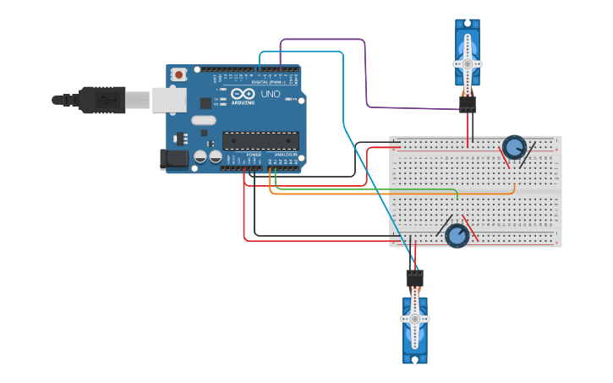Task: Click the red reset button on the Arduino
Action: tap(178, 75)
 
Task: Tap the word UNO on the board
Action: tap(271, 94)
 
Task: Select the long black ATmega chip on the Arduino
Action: tap(260, 140)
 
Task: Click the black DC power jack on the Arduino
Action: tap(173, 158)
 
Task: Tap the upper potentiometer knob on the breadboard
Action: tap(513, 147)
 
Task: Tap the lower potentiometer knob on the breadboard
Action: tap(457, 236)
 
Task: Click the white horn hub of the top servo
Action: tap(467, 63)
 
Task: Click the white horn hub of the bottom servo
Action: tap(414, 319)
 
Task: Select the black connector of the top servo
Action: tap(468, 104)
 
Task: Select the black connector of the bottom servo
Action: tap(414, 277)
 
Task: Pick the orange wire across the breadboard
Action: tap(389, 194)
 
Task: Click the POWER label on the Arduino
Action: tap(254, 155)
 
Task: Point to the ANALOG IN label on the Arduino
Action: tap(285, 155)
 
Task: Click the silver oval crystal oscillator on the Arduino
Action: tap(204, 120)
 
